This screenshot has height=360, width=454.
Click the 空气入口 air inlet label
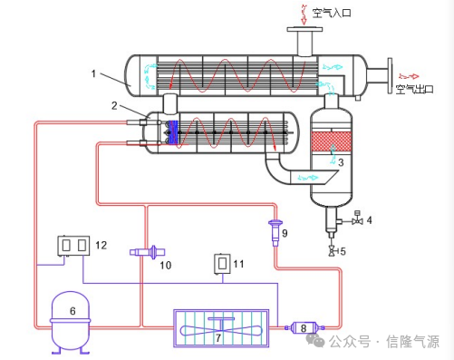(x=332, y=13)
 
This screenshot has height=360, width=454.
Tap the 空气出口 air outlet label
(x=415, y=89)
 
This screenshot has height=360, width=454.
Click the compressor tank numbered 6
(x=71, y=322)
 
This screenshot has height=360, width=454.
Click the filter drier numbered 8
(x=304, y=327)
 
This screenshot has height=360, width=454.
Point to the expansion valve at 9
(x=275, y=233)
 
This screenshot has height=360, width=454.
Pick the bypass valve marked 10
(x=148, y=252)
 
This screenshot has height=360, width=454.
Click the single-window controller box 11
(x=222, y=264)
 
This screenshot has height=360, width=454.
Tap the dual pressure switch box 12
(x=73, y=246)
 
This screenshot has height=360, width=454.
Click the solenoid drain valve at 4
(x=358, y=219)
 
